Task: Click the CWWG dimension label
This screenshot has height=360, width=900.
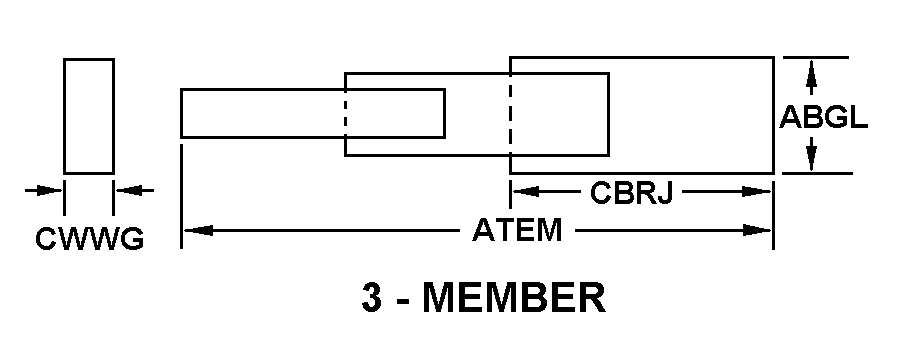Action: coord(90,239)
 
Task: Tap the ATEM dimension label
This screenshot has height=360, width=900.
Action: coord(517,231)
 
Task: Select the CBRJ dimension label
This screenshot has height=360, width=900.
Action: coord(631,193)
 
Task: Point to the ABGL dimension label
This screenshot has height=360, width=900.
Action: coord(823,117)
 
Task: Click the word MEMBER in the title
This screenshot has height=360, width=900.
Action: coord(514,297)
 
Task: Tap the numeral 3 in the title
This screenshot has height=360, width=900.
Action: coord(371,297)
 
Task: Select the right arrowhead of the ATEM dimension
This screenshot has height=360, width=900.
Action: coord(757,231)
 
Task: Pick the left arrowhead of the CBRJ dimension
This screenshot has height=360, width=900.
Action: coord(526,191)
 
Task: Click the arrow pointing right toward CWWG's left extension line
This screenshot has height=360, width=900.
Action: coord(44,190)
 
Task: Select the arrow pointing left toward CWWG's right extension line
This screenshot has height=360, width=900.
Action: coord(135,190)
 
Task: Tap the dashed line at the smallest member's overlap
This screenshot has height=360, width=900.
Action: coord(346,114)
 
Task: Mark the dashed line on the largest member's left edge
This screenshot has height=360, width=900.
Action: coord(510,114)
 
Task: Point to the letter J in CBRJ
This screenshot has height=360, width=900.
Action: coord(663,193)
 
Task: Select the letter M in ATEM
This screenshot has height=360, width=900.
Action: coord(550,231)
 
